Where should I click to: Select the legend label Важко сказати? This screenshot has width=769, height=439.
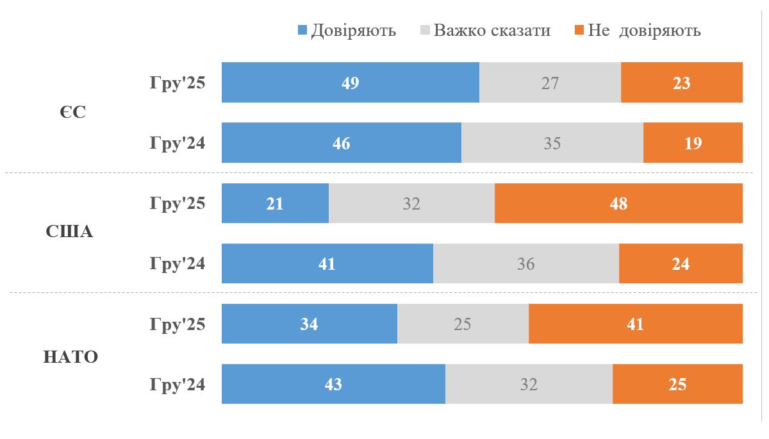coord(492,30)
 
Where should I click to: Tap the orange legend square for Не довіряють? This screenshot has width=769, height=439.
coord(579,30)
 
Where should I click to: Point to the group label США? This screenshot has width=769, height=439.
coord(70,232)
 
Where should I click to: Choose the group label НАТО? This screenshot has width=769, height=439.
coord(70,356)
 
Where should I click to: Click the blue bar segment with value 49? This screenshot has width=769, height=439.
coord(350,83)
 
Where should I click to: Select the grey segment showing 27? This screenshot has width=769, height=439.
coord(550,83)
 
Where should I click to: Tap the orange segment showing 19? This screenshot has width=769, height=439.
coord(693,143)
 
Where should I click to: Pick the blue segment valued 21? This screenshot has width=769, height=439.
coord(275,203)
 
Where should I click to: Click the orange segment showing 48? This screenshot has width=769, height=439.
coord(618,203)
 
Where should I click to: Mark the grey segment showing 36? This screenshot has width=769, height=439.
coord(525,263)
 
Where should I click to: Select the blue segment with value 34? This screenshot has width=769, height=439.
coord(309,324)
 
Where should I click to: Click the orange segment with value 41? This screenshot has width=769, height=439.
coord(635,324)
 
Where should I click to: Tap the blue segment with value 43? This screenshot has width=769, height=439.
coord(333,384)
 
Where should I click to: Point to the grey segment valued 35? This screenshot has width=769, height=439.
coord(552,143)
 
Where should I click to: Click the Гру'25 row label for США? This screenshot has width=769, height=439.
coord(178,203)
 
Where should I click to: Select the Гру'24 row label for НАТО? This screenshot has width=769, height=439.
coord(178,384)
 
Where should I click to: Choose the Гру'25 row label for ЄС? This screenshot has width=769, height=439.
coord(178,83)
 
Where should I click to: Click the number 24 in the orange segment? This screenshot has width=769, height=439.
coord(681,263)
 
